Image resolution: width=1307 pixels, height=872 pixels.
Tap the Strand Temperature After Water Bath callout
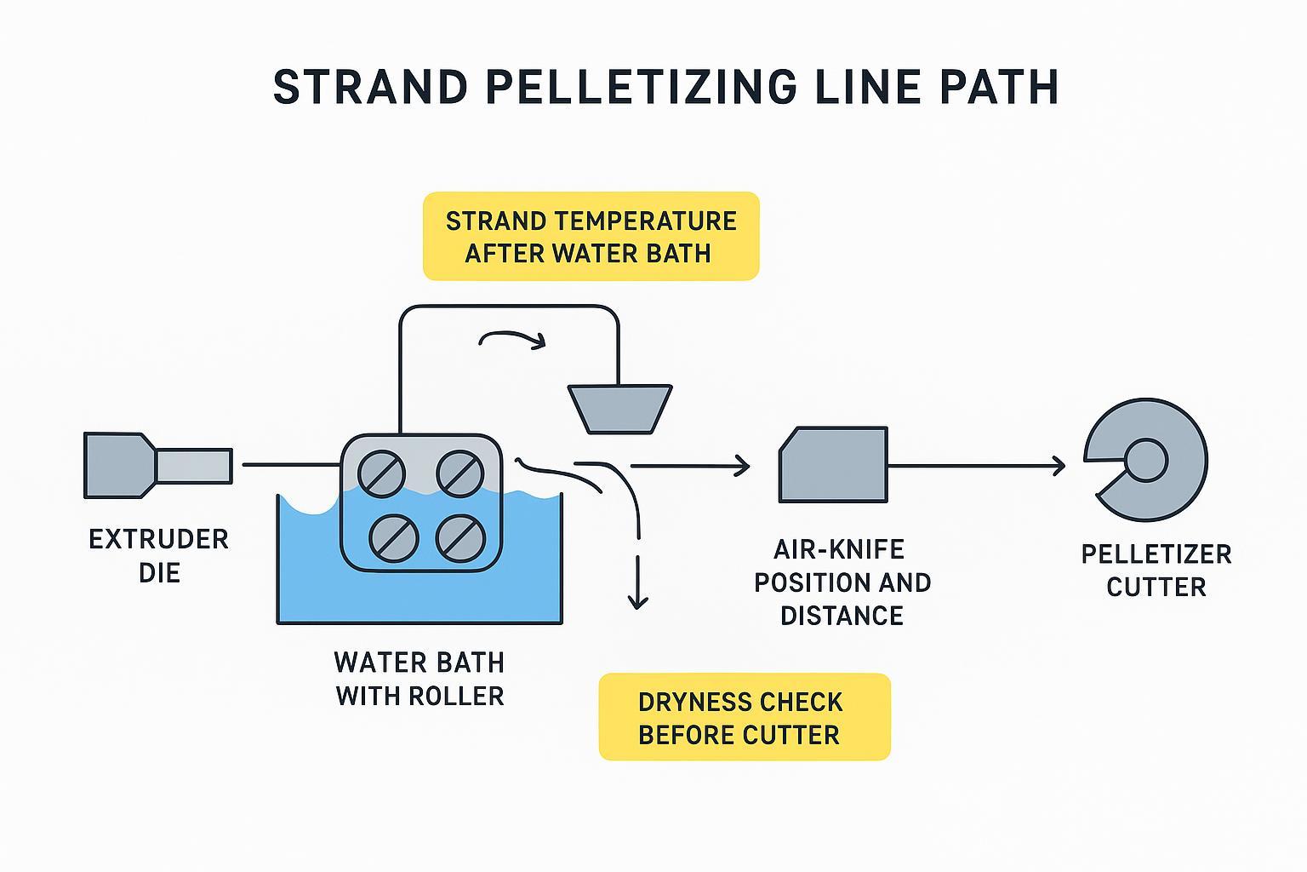click(591, 237)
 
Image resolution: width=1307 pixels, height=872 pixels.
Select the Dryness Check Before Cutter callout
click(744, 717)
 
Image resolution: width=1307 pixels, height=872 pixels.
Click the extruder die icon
click(157, 465)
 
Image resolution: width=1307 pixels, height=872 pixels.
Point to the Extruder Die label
click(159, 555)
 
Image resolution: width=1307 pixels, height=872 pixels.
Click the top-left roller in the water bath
click(381, 473)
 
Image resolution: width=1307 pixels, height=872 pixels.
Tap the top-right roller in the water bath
click(459, 473)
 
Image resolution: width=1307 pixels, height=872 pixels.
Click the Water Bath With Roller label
click(419, 679)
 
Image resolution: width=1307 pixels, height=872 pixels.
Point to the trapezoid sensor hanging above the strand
click(620, 408)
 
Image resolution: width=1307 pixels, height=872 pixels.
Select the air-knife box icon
click(833, 465)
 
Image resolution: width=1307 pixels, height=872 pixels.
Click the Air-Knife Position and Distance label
click(842, 582)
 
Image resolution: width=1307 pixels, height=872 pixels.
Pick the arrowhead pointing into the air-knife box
click(742, 466)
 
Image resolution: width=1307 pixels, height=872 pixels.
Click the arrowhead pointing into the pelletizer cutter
click(1058, 466)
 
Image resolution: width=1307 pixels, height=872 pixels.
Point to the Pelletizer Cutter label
click(1156, 571)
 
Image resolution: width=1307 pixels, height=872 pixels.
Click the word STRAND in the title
click(371, 87)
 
